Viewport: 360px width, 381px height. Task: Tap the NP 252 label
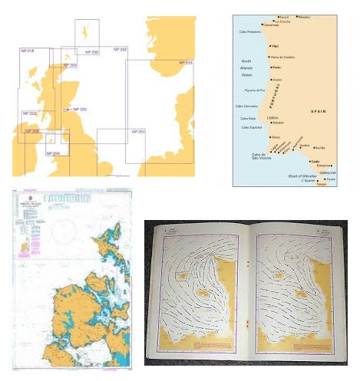point(121,49)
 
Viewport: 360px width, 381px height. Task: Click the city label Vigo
point(275,46)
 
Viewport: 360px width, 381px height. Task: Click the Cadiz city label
point(315,161)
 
